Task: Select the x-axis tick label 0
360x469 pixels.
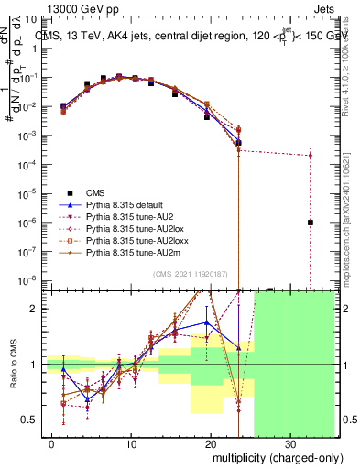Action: (x=50, y=443)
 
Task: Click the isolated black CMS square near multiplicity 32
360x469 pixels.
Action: (x=311, y=223)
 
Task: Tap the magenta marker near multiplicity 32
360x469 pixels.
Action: (x=311, y=155)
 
